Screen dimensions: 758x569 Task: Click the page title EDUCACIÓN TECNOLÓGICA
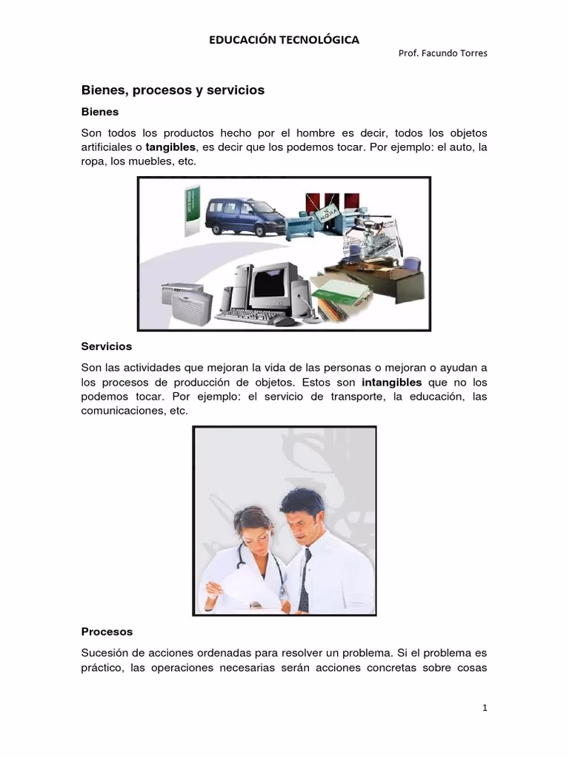[284, 40]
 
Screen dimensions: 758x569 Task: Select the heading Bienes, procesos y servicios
[172, 90]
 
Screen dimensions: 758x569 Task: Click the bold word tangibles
[170, 147]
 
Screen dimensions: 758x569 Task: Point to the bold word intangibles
[392, 383]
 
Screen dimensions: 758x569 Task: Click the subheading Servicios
[106, 346]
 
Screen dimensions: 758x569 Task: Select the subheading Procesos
[107, 632]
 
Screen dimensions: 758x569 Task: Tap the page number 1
[485, 708]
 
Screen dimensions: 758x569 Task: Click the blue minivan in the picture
[244, 218]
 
